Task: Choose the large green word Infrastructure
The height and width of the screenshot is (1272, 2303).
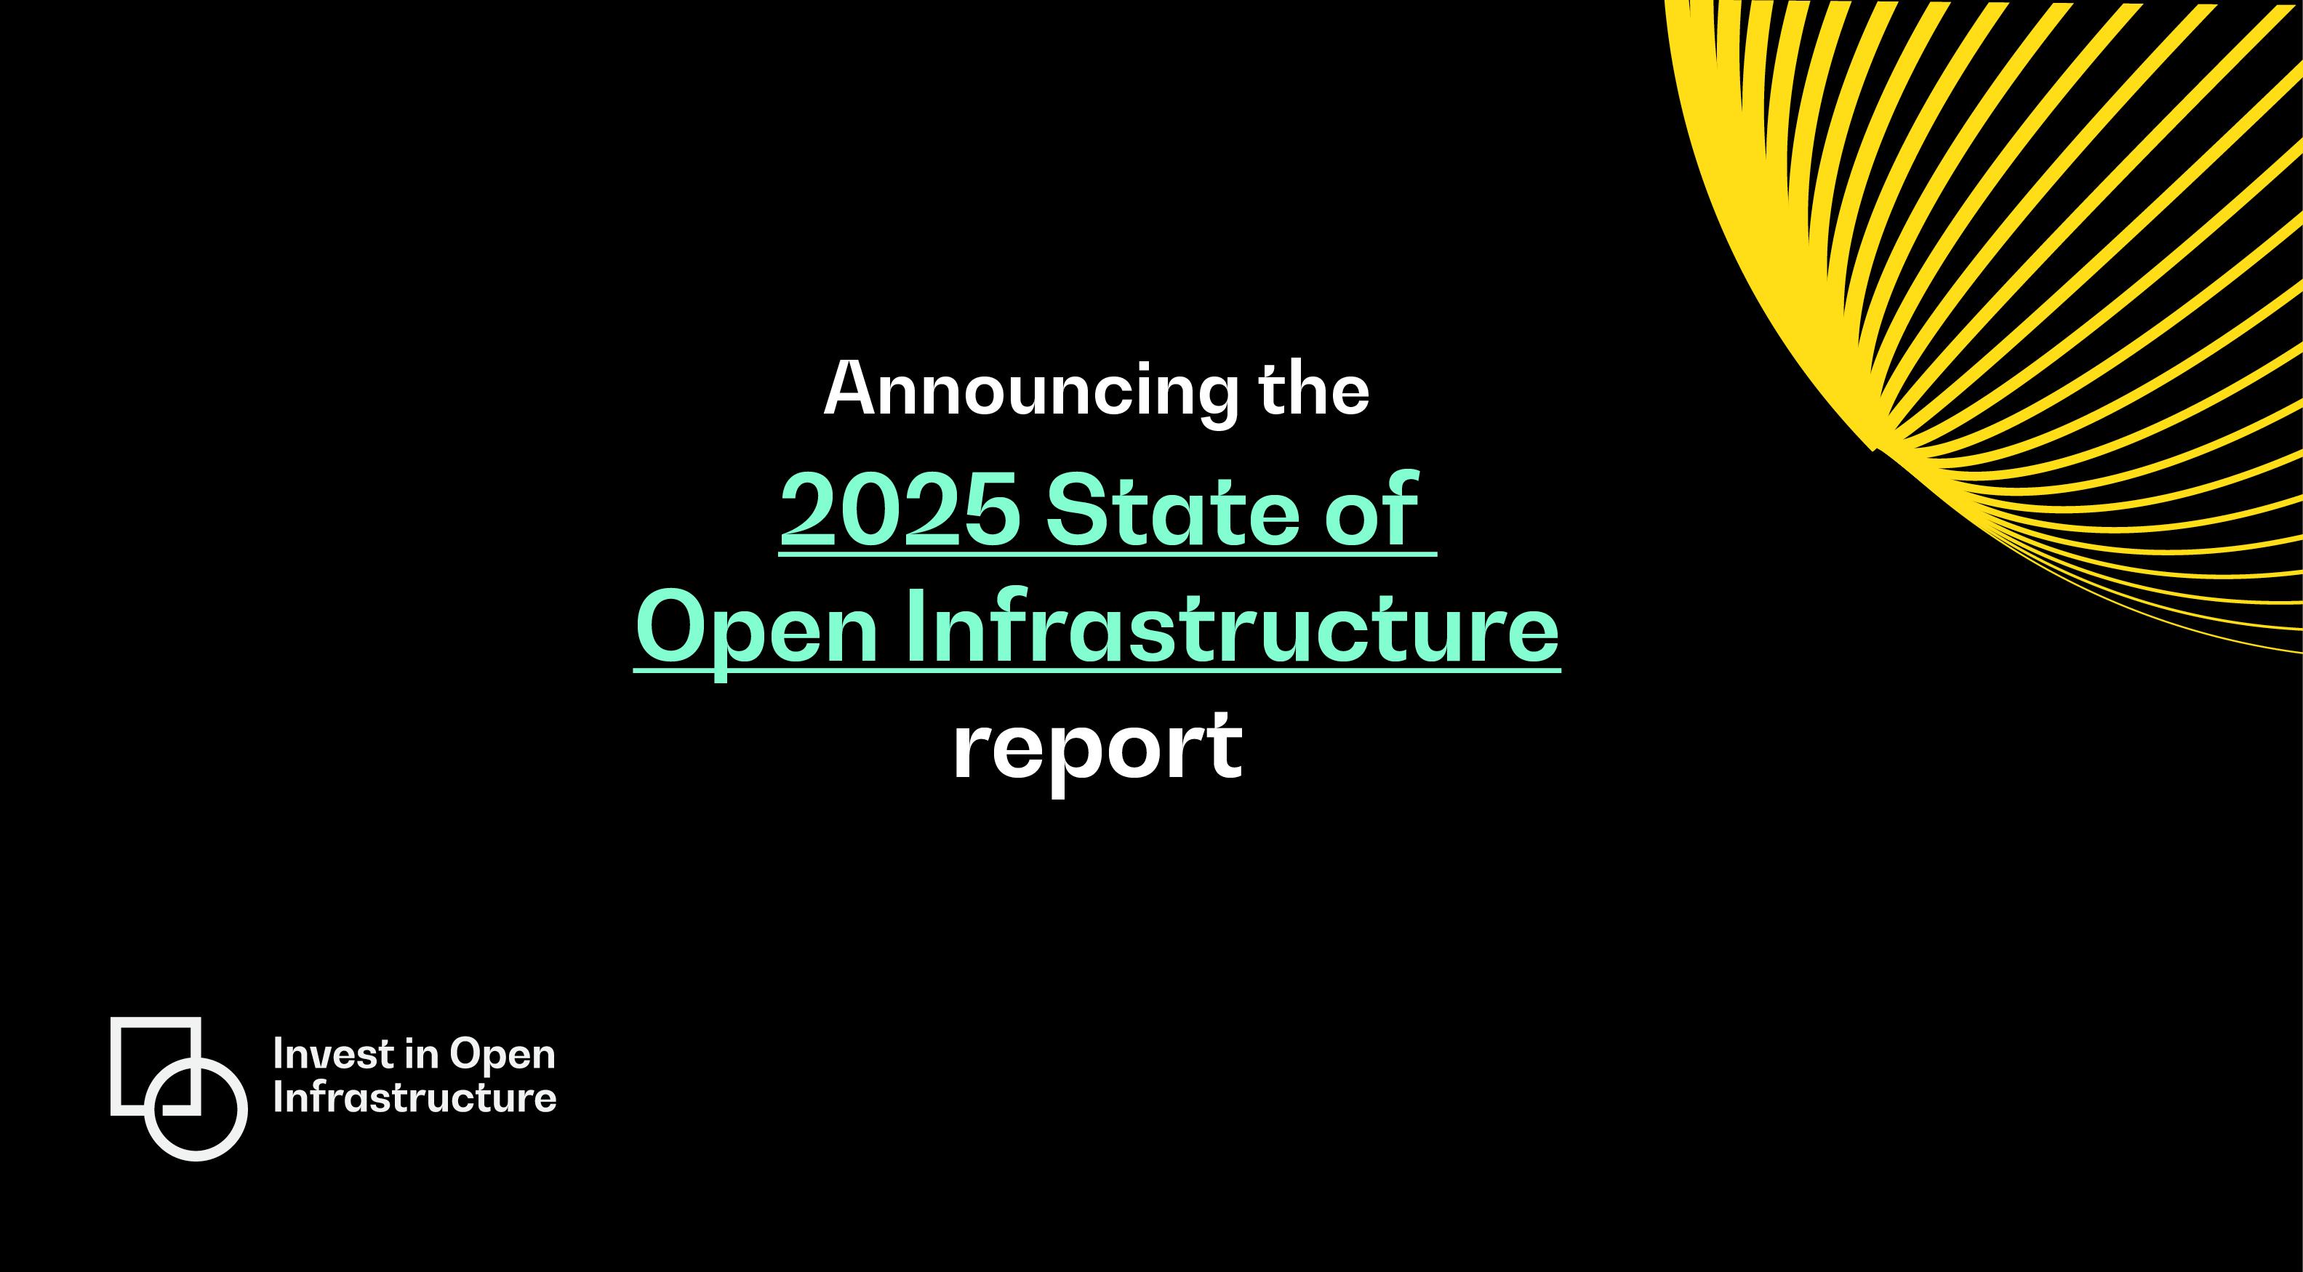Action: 1232,625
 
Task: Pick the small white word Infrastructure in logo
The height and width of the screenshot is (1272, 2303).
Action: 414,1098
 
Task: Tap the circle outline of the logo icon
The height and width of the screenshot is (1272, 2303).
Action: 196,1156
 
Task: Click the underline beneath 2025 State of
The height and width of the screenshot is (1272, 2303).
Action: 1108,556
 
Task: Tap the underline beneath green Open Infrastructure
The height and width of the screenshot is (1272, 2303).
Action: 1097,670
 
